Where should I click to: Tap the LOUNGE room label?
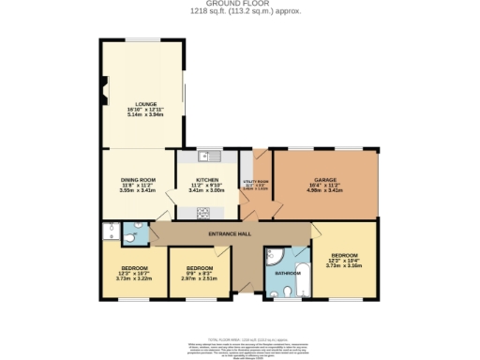[x=144, y=103]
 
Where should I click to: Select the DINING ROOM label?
[x=137, y=179]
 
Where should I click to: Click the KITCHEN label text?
[x=207, y=179]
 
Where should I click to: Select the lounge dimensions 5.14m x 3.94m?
[x=144, y=114]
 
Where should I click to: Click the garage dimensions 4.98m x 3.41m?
[x=325, y=190]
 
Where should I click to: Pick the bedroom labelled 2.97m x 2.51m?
[x=199, y=278]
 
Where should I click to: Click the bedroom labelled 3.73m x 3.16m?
[x=342, y=265]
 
